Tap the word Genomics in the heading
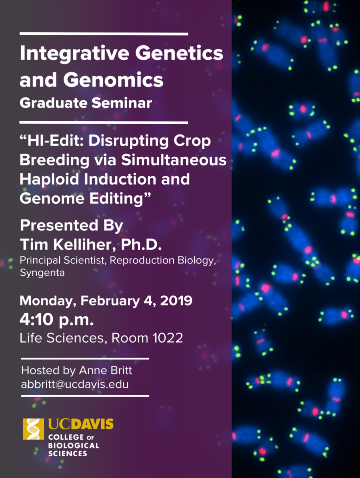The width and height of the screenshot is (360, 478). pos(113,80)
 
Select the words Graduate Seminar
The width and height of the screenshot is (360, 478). pos(86,103)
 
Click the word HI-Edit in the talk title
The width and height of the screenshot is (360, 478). pos(56,141)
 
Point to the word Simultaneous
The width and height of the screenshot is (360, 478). pos(174,160)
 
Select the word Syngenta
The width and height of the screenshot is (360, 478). pos(42,273)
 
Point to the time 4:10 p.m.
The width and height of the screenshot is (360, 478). pos(57,320)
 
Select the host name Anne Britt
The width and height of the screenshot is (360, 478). pos(105,371)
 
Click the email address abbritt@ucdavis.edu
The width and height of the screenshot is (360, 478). pos(75,384)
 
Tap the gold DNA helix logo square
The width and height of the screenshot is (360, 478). pos(33,429)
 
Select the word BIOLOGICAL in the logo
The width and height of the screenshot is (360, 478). pos(74,446)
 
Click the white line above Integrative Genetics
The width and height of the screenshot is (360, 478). pos(104,34)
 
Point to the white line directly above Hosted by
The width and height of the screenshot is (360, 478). pos(85,358)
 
